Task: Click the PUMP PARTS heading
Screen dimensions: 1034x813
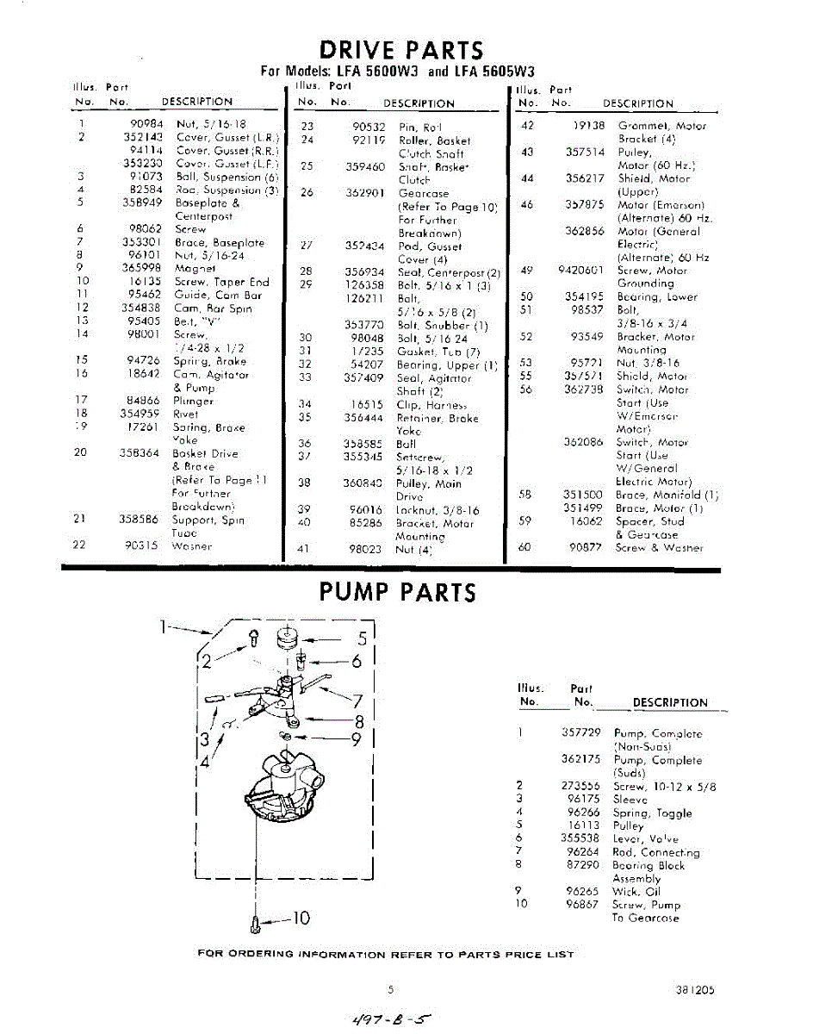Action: [x=397, y=592]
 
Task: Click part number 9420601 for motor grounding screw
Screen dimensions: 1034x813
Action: [x=580, y=270]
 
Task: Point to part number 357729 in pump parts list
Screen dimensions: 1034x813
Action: [x=581, y=733]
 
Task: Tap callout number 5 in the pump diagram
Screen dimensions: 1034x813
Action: [x=363, y=638]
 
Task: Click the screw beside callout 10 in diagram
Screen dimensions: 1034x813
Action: [x=256, y=923]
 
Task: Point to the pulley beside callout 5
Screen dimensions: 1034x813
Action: [x=286, y=638]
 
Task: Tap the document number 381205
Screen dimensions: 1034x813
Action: [x=695, y=991]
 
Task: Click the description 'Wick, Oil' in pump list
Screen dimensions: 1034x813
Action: [x=636, y=892]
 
